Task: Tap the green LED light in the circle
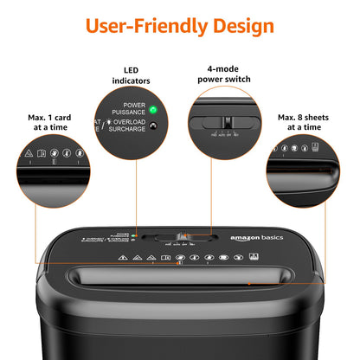click(151, 110)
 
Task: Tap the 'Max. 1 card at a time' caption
click(49, 120)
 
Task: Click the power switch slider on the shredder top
click(183, 235)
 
